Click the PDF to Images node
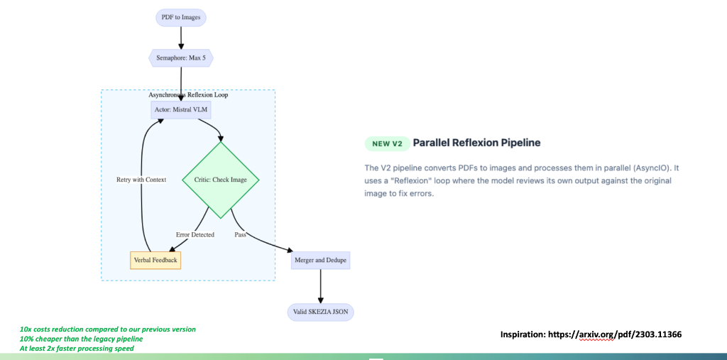[x=181, y=17]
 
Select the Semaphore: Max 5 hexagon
[x=181, y=58]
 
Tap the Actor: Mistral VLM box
[x=182, y=110]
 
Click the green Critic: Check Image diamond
[x=220, y=180]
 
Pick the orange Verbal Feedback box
[x=155, y=261]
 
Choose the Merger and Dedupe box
[x=321, y=261]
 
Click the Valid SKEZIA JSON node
[x=321, y=312]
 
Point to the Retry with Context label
[x=141, y=180]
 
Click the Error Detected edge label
[x=195, y=234]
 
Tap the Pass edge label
[x=241, y=234]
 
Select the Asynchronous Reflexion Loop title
[x=188, y=94]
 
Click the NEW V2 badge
[x=387, y=143]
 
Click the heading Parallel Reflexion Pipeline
[x=476, y=143]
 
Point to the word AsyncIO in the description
[x=652, y=168]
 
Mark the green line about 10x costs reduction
[x=107, y=329]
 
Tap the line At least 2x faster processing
[x=77, y=348]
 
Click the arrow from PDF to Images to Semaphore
[x=181, y=37]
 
